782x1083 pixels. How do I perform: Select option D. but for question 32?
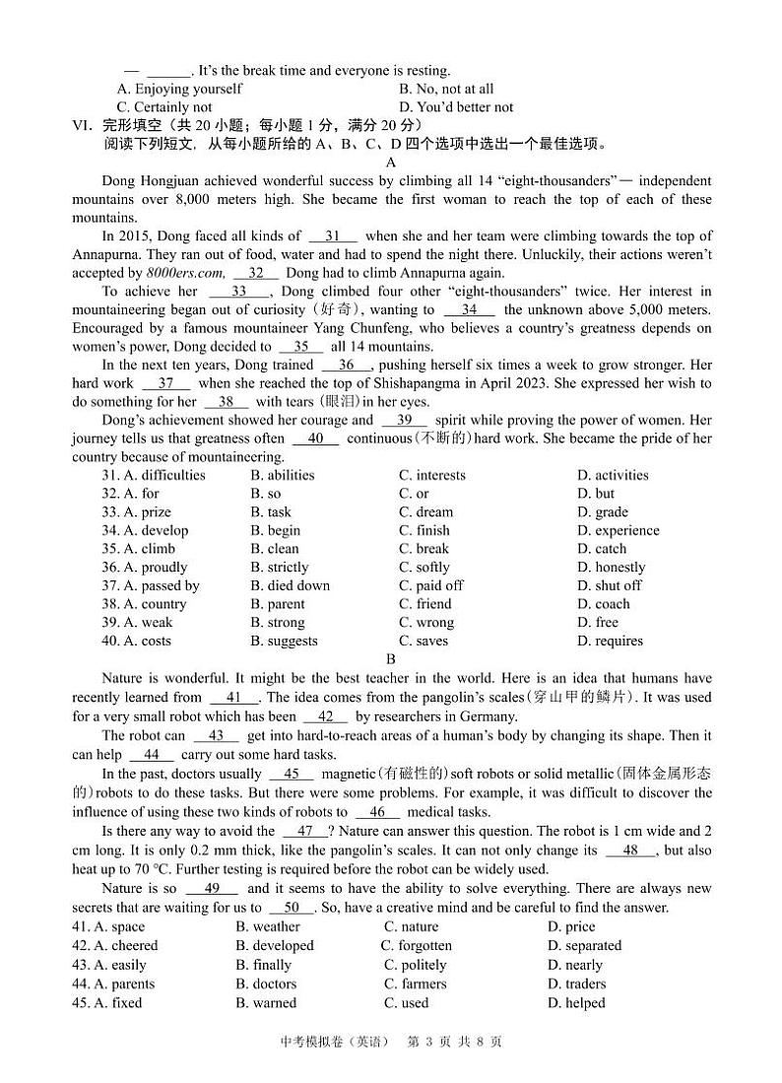[595, 494]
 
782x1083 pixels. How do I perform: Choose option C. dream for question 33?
[425, 512]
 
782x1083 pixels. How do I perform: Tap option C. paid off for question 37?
[430, 585]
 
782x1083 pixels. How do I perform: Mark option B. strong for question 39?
[278, 623]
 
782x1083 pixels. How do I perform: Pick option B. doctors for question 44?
[266, 983]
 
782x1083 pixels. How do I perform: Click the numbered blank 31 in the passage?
[333, 237]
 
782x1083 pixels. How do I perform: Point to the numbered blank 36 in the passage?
[347, 366]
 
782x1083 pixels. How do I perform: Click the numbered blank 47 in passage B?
[304, 832]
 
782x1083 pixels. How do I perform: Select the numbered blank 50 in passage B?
[292, 909]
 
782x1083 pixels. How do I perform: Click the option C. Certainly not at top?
[164, 107]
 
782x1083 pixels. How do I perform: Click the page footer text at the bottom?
[391, 1043]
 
